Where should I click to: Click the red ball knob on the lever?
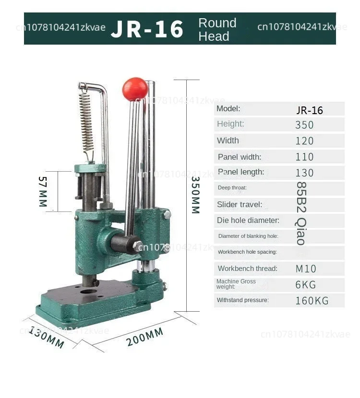point(135,89)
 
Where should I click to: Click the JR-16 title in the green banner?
point(147,29)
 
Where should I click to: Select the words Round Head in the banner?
point(217,29)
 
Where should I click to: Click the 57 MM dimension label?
point(43,191)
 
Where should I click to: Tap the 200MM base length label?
point(145,337)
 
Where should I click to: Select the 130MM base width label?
point(47,337)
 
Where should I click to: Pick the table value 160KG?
point(312,301)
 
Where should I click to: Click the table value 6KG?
point(305,285)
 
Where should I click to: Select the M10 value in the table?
point(306,269)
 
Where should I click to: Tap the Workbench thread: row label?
point(247,269)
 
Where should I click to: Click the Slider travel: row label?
point(240,205)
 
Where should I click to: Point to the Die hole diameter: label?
point(248,221)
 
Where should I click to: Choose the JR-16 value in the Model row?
point(310,110)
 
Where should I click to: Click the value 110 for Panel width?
point(305,157)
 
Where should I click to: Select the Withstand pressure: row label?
point(243,300)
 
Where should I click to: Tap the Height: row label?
point(230,124)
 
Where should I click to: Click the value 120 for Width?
point(305,141)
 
